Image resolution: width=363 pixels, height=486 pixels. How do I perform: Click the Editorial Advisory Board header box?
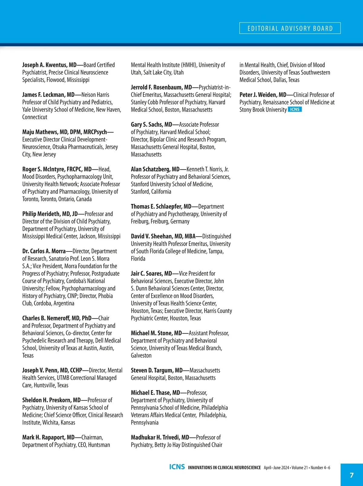[x=290, y=28]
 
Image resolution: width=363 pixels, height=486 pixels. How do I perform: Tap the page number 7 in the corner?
[x=352, y=475]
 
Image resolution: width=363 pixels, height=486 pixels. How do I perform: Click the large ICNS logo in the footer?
[x=177, y=467]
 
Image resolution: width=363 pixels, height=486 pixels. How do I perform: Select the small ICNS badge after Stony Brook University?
[x=295, y=110]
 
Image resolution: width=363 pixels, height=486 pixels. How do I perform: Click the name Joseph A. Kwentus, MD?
[x=49, y=65]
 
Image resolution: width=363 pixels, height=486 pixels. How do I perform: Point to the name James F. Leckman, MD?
[x=48, y=95]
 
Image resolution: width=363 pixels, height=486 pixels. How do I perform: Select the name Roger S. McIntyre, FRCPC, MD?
[x=57, y=169]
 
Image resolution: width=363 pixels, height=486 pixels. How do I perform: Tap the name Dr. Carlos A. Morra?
[x=44, y=251]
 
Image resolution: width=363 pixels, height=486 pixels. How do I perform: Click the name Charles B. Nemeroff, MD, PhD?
[x=57, y=318]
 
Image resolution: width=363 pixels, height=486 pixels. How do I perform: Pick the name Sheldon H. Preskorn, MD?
[x=51, y=400]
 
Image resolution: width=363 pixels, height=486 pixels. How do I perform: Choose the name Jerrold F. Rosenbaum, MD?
[x=161, y=87]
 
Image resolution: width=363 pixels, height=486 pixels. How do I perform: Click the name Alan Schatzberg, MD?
[x=155, y=169]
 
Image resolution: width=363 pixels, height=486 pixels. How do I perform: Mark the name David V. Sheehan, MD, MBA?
[x=163, y=236]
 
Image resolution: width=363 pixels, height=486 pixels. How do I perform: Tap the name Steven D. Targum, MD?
[x=157, y=370]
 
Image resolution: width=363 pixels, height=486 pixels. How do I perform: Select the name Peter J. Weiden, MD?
[x=263, y=95]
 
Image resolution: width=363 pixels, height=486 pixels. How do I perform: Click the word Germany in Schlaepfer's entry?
[x=180, y=222]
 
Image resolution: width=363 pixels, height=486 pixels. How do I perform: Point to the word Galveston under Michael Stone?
[x=141, y=356]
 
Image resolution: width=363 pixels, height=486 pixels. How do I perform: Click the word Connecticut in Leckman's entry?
[x=35, y=117]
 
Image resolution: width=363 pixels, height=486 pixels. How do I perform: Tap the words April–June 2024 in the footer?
[x=276, y=468]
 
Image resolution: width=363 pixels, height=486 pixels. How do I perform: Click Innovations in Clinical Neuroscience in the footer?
[x=224, y=468]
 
